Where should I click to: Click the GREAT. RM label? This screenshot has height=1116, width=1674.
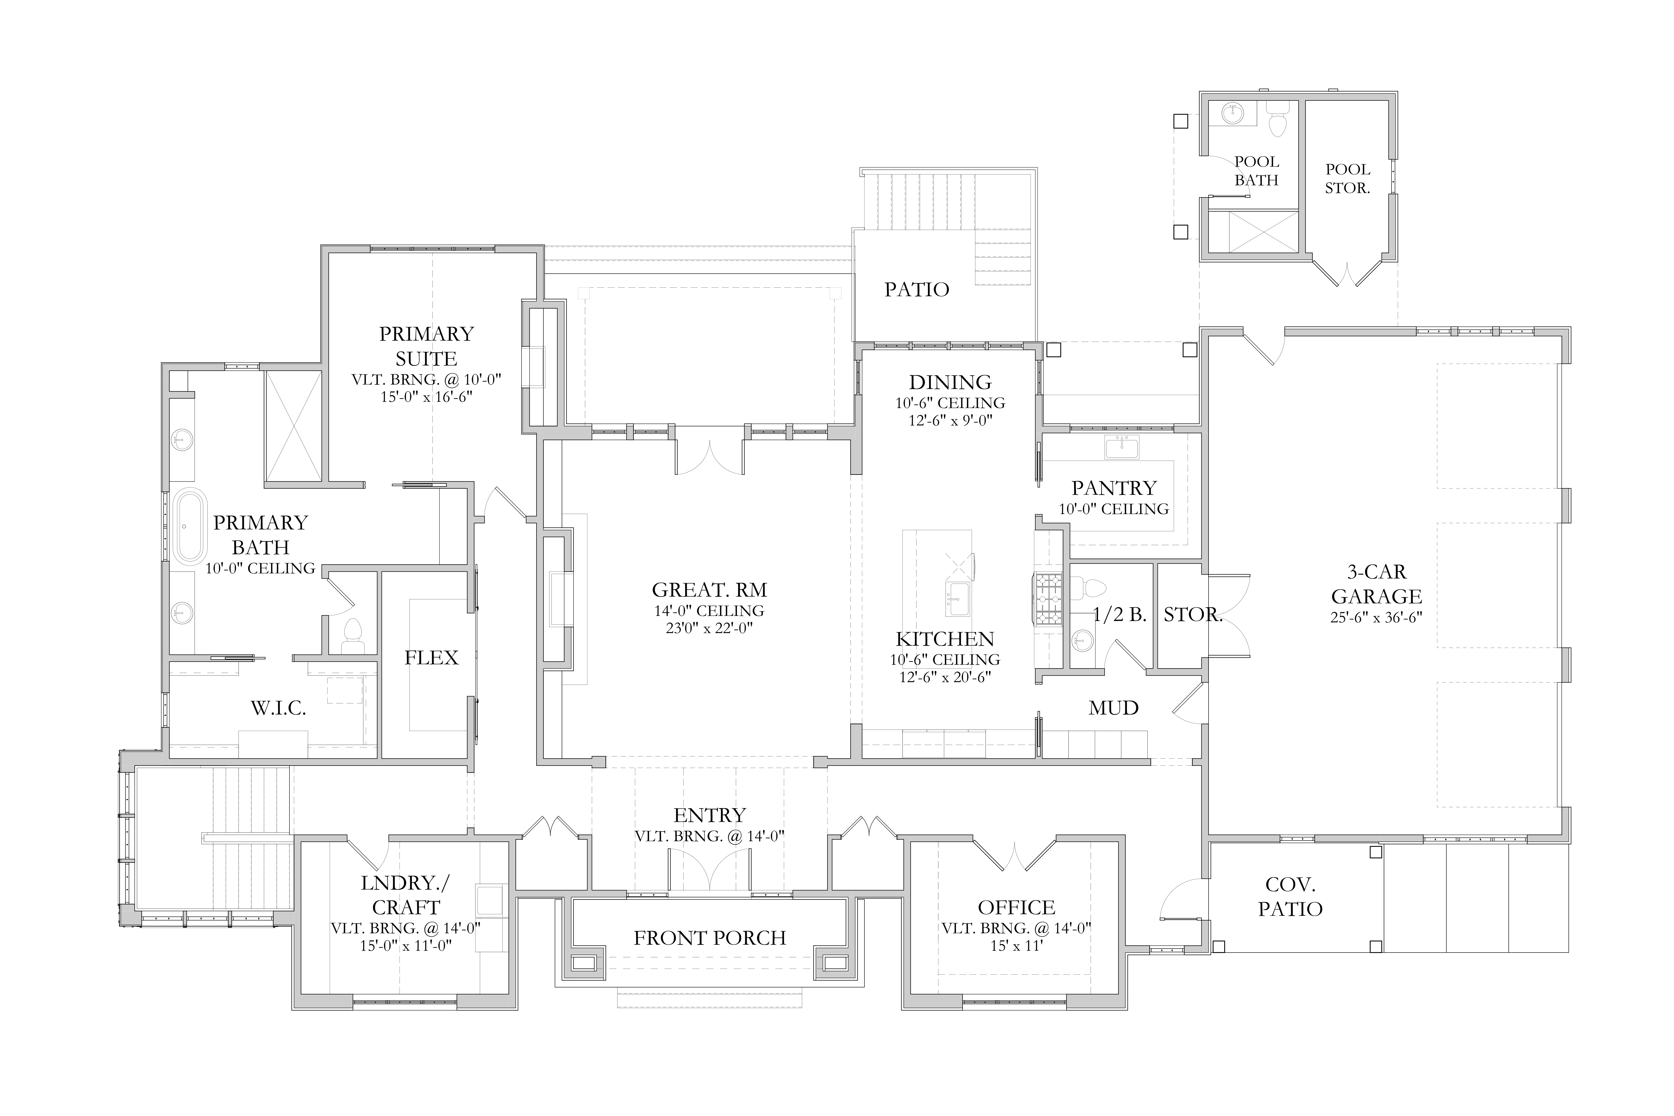coord(710,590)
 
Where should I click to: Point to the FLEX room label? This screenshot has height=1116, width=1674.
coord(431,658)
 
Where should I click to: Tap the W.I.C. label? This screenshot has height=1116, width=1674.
coord(278,708)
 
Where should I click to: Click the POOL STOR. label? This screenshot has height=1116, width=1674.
coord(1347,179)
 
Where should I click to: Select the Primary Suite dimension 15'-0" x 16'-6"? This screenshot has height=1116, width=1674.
coord(426,396)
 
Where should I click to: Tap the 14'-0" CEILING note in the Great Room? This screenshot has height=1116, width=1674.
coord(710,611)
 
